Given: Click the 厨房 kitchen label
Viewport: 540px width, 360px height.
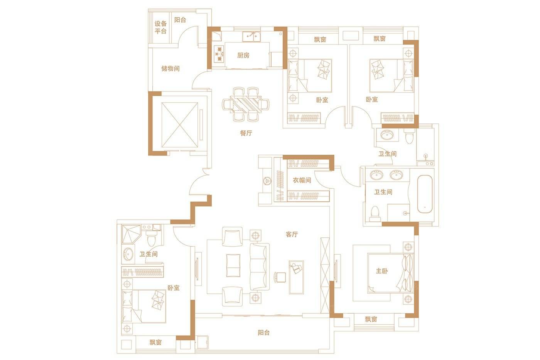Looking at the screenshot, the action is click(x=243, y=56).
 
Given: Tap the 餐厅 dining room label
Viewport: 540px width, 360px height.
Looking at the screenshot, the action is click(x=246, y=133).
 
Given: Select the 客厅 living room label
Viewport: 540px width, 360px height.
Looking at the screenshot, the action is click(x=292, y=234).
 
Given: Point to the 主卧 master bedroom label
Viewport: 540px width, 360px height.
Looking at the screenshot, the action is click(x=382, y=271).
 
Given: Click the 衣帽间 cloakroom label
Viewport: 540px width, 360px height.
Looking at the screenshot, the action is click(x=302, y=180).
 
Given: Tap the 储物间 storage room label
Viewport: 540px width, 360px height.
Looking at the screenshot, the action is click(x=170, y=69).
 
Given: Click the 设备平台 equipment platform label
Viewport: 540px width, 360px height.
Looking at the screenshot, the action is click(x=160, y=27).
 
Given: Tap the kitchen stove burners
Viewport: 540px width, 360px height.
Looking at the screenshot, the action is click(x=219, y=54).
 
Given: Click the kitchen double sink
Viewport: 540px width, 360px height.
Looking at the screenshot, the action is click(x=251, y=37).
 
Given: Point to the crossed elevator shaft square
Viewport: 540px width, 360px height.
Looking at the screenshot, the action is click(x=180, y=125).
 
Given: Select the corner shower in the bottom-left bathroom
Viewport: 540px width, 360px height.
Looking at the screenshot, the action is click(x=131, y=234).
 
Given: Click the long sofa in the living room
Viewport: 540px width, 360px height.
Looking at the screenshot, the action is click(x=260, y=267).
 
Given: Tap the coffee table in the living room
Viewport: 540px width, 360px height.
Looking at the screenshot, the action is click(x=233, y=265).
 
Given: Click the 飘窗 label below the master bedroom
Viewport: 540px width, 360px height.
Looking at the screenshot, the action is click(x=371, y=319).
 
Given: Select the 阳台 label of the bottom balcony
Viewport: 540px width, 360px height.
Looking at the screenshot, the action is click(x=263, y=333).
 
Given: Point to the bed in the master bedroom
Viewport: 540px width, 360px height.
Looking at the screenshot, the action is click(x=390, y=273).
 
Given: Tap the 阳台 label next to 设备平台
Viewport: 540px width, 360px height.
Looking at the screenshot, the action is click(x=180, y=20).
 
